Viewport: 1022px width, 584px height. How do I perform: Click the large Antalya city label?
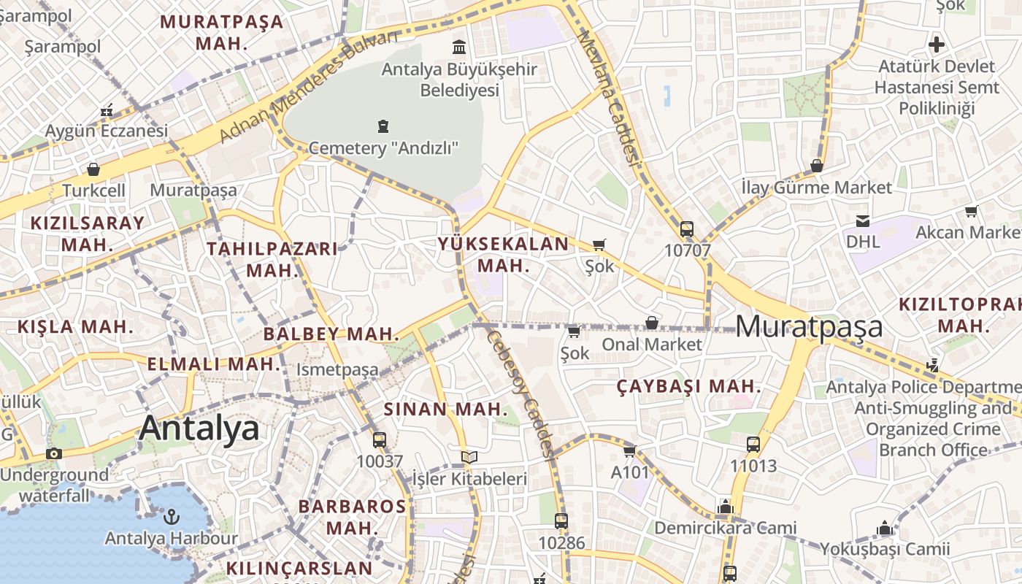[199, 428]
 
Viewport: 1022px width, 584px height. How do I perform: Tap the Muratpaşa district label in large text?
[809, 326]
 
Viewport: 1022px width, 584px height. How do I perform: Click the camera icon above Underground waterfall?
[53, 453]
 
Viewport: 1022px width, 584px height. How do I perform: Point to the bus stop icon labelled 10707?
[686, 228]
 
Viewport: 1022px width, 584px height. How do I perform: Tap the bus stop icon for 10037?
[379, 439]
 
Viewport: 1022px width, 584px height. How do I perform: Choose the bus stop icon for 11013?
[753, 444]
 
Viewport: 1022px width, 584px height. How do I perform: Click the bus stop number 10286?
[561, 542]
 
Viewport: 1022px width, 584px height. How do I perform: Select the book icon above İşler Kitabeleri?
[469, 458]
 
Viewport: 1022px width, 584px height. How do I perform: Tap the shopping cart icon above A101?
[630, 451]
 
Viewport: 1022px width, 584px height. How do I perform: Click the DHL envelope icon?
[863, 220]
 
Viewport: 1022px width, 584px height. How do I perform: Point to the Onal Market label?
[651, 344]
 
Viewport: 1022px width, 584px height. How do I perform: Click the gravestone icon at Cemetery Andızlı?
[383, 126]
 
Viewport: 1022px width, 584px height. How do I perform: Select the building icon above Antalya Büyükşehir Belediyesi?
[459, 47]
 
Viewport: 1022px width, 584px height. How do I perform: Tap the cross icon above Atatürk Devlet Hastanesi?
[936, 45]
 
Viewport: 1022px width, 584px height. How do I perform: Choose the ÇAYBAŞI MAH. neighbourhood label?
[688, 386]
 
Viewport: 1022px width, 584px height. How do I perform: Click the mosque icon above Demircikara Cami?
[725, 507]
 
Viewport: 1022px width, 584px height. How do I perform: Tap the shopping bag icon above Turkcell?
[93, 169]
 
